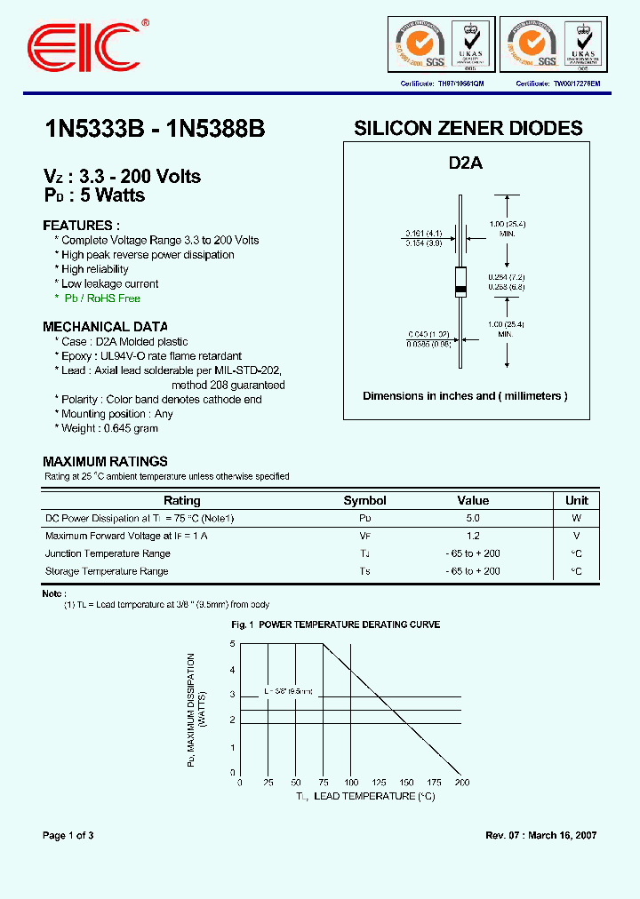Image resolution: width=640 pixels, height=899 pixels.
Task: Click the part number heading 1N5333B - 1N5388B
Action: [154, 129]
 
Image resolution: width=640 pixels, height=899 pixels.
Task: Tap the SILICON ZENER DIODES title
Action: [468, 128]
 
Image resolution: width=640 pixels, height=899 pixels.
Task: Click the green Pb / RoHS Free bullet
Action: [100, 298]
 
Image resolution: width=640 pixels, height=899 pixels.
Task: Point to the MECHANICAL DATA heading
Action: [105, 326]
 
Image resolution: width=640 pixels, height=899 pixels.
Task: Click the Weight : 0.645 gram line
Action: [109, 428]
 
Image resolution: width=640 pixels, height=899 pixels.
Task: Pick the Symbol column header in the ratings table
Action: [364, 500]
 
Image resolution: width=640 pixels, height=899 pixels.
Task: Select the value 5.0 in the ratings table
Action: [472, 518]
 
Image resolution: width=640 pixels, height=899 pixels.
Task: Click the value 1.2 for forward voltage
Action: [472, 536]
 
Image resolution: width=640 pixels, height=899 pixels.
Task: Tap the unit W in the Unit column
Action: [576, 518]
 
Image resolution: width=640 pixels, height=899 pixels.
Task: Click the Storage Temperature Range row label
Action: [107, 571]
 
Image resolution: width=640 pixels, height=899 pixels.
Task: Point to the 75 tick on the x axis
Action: [323, 783]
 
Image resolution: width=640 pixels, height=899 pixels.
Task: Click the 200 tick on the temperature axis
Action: [461, 783]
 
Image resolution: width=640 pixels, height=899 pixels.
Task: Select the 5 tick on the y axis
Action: [233, 643]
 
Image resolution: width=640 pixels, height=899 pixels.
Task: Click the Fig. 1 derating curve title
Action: [335, 625]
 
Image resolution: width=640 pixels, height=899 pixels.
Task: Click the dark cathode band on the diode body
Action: [460, 290]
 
